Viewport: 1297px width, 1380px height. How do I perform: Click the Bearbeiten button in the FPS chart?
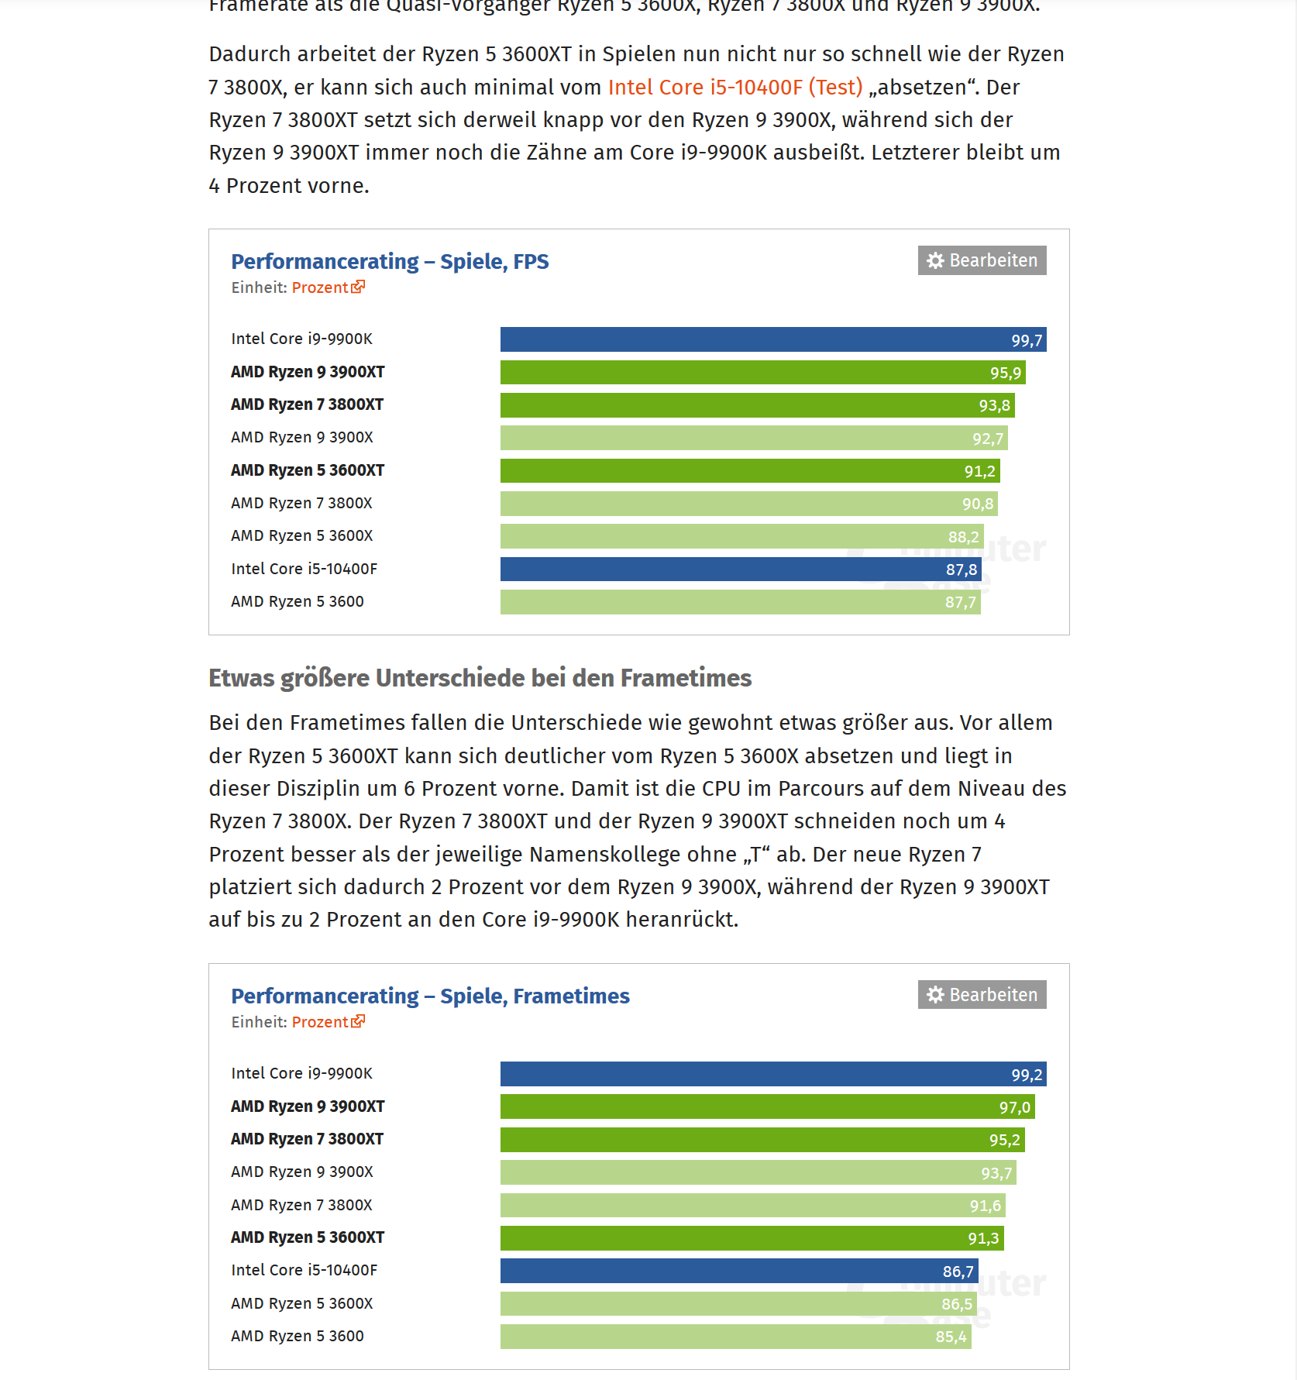(982, 260)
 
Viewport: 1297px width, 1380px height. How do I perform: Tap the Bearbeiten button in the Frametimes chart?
(982, 995)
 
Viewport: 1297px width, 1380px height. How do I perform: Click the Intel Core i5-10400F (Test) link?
(735, 88)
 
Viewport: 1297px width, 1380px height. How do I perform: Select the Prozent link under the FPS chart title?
(320, 287)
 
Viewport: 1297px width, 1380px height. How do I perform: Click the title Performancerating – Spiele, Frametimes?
(430, 996)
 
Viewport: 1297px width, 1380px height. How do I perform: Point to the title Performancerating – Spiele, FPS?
(390, 262)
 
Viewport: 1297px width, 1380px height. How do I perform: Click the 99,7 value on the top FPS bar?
(1026, 340)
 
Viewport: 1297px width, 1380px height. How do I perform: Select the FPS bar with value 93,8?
(756, 405)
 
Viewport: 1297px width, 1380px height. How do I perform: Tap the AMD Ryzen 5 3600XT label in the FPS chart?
(307, 470)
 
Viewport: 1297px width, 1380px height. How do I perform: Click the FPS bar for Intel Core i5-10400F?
(740, 570)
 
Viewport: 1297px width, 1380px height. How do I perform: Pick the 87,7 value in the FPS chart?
(960, 602)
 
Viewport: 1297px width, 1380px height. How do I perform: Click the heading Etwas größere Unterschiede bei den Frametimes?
(480, 678)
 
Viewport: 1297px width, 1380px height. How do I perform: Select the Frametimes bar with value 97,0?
(767, 1107)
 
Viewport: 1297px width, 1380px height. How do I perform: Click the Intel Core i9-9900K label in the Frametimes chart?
(301, 1073)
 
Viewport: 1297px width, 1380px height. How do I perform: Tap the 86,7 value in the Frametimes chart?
(958, 1272)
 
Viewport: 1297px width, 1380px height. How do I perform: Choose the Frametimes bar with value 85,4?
(735, 1337)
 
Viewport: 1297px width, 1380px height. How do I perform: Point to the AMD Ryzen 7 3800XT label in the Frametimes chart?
(307, 1139)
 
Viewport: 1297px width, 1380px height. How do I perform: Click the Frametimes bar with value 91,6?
(752, 1206)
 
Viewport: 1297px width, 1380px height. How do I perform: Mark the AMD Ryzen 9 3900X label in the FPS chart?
(301, 438)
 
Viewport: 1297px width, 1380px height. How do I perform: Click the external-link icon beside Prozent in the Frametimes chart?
(358, 1021)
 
